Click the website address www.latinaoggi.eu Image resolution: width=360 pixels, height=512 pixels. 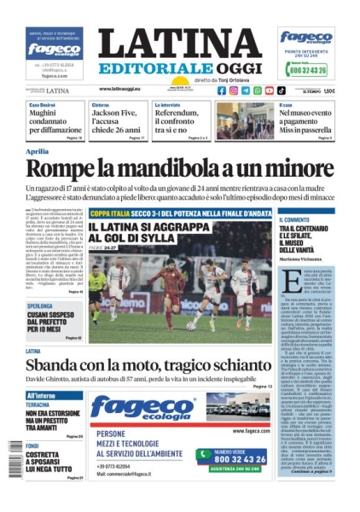point(124,89)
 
